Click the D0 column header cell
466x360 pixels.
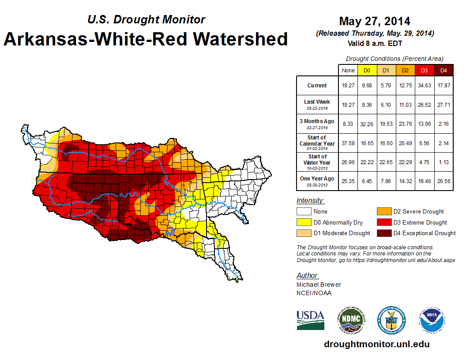tap(367, 70)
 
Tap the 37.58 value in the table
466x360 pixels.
tap(348, 143)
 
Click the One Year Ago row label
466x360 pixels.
tap(317, 180)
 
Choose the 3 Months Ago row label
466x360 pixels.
tap(317, 124)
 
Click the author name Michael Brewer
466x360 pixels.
tap(319, 285)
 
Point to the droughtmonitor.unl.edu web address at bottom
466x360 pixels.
tap(376, 344)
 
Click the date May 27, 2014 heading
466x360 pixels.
tap(375, 21)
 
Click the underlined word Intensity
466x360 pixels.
tap(310, 201)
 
